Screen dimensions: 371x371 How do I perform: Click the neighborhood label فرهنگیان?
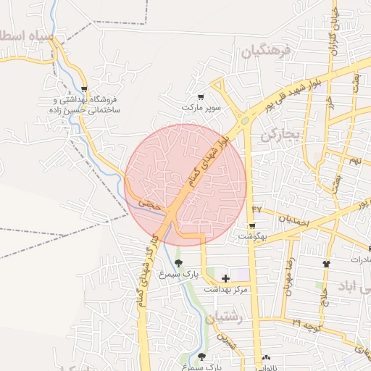[x=266, y=51]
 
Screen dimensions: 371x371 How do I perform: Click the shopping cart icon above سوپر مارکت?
[x=201, y=96]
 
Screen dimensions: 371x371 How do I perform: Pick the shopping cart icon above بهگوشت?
[x=251, y=226]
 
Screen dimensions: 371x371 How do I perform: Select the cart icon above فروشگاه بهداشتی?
[x=84, y=89]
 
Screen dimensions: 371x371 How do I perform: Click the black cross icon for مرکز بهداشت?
[x=225, y=278]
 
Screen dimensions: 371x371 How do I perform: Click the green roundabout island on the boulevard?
[x=244, y=121]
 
